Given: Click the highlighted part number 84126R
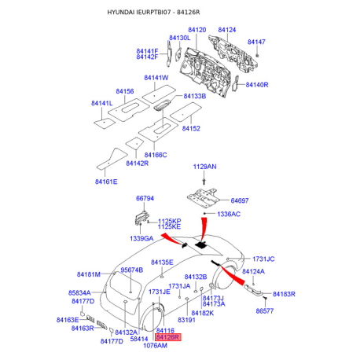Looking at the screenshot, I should point(168,337).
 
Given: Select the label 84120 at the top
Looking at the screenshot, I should point(196,30).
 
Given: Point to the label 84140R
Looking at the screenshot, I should point(256,84).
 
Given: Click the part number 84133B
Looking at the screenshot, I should point(194,97).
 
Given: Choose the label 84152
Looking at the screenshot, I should point(192,128).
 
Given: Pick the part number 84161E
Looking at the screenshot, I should point(106,182).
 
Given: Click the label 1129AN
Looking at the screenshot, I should point(205,167).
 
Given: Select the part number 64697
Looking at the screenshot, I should point(244,201).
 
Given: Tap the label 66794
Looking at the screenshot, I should point(145,199).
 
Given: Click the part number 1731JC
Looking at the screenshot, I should point(263,259).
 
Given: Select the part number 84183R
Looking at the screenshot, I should point(283,293).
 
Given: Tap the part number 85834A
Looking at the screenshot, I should point(81,292).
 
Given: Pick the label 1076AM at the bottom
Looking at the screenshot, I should point(157,345).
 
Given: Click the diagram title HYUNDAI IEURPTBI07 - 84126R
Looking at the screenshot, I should point(180,13).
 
